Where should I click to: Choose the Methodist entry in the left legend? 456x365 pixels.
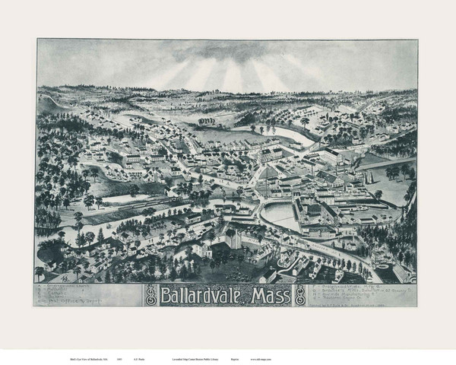point(60,290)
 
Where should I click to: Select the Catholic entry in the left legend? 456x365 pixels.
point(60,294)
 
